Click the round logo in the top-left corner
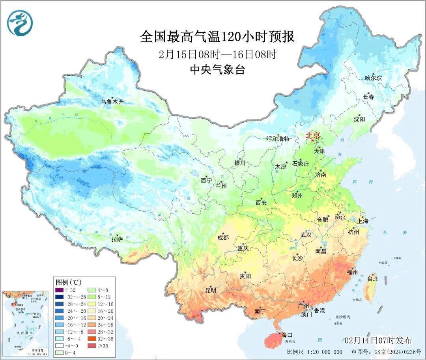pyautogui.click(x=20, y=23)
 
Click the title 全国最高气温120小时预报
pyautogui.click(x=217, y=37)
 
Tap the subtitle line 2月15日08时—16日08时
pyautogui.click(x=217, y=54)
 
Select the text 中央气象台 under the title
pyautogui.click(x=217, y=70)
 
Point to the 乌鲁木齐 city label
pyautogui.click(x=112, y=102)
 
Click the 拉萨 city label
pyautogui.click(x=117, y=239)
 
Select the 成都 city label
pyautogui.click(x=223, y=237)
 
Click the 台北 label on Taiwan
pyautogui.click(x=373, y=279)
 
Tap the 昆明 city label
pyautogui.click(x=211, y=290)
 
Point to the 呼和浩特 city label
pyautogui.click(x=278, y=139)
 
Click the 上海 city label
pyautogui.click(x=363, y=221)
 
